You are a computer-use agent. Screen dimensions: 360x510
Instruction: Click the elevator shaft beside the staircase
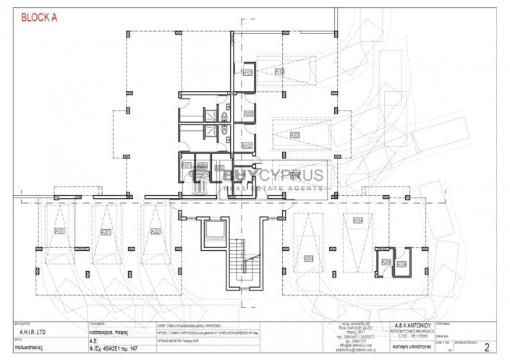pos(216,232)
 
